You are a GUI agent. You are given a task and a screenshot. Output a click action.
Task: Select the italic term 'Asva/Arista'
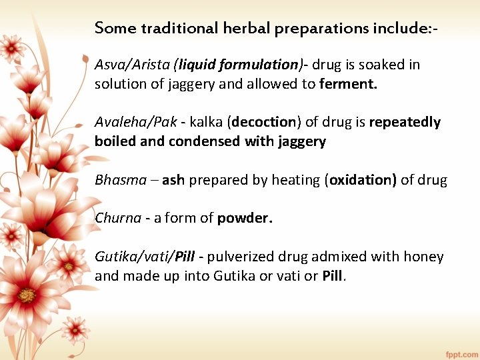pyautogui.click(x=132, y=65)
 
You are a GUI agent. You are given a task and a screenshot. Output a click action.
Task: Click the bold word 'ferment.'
pyautogui.click(x=349, y=85)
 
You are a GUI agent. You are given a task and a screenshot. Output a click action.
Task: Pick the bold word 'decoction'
pyautogui.click(x=264, y=122)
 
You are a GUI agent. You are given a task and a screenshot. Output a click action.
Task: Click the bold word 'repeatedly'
pyautogui.click(x=405, y=122)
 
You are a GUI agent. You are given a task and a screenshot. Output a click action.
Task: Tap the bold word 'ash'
pyautogui.click(x=173, y=180)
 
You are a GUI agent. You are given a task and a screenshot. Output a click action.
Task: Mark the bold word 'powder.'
pyautogui.click(x=245, y=218)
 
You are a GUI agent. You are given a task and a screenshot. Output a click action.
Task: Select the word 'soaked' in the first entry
pyautogui.click(x=381, y=65)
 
